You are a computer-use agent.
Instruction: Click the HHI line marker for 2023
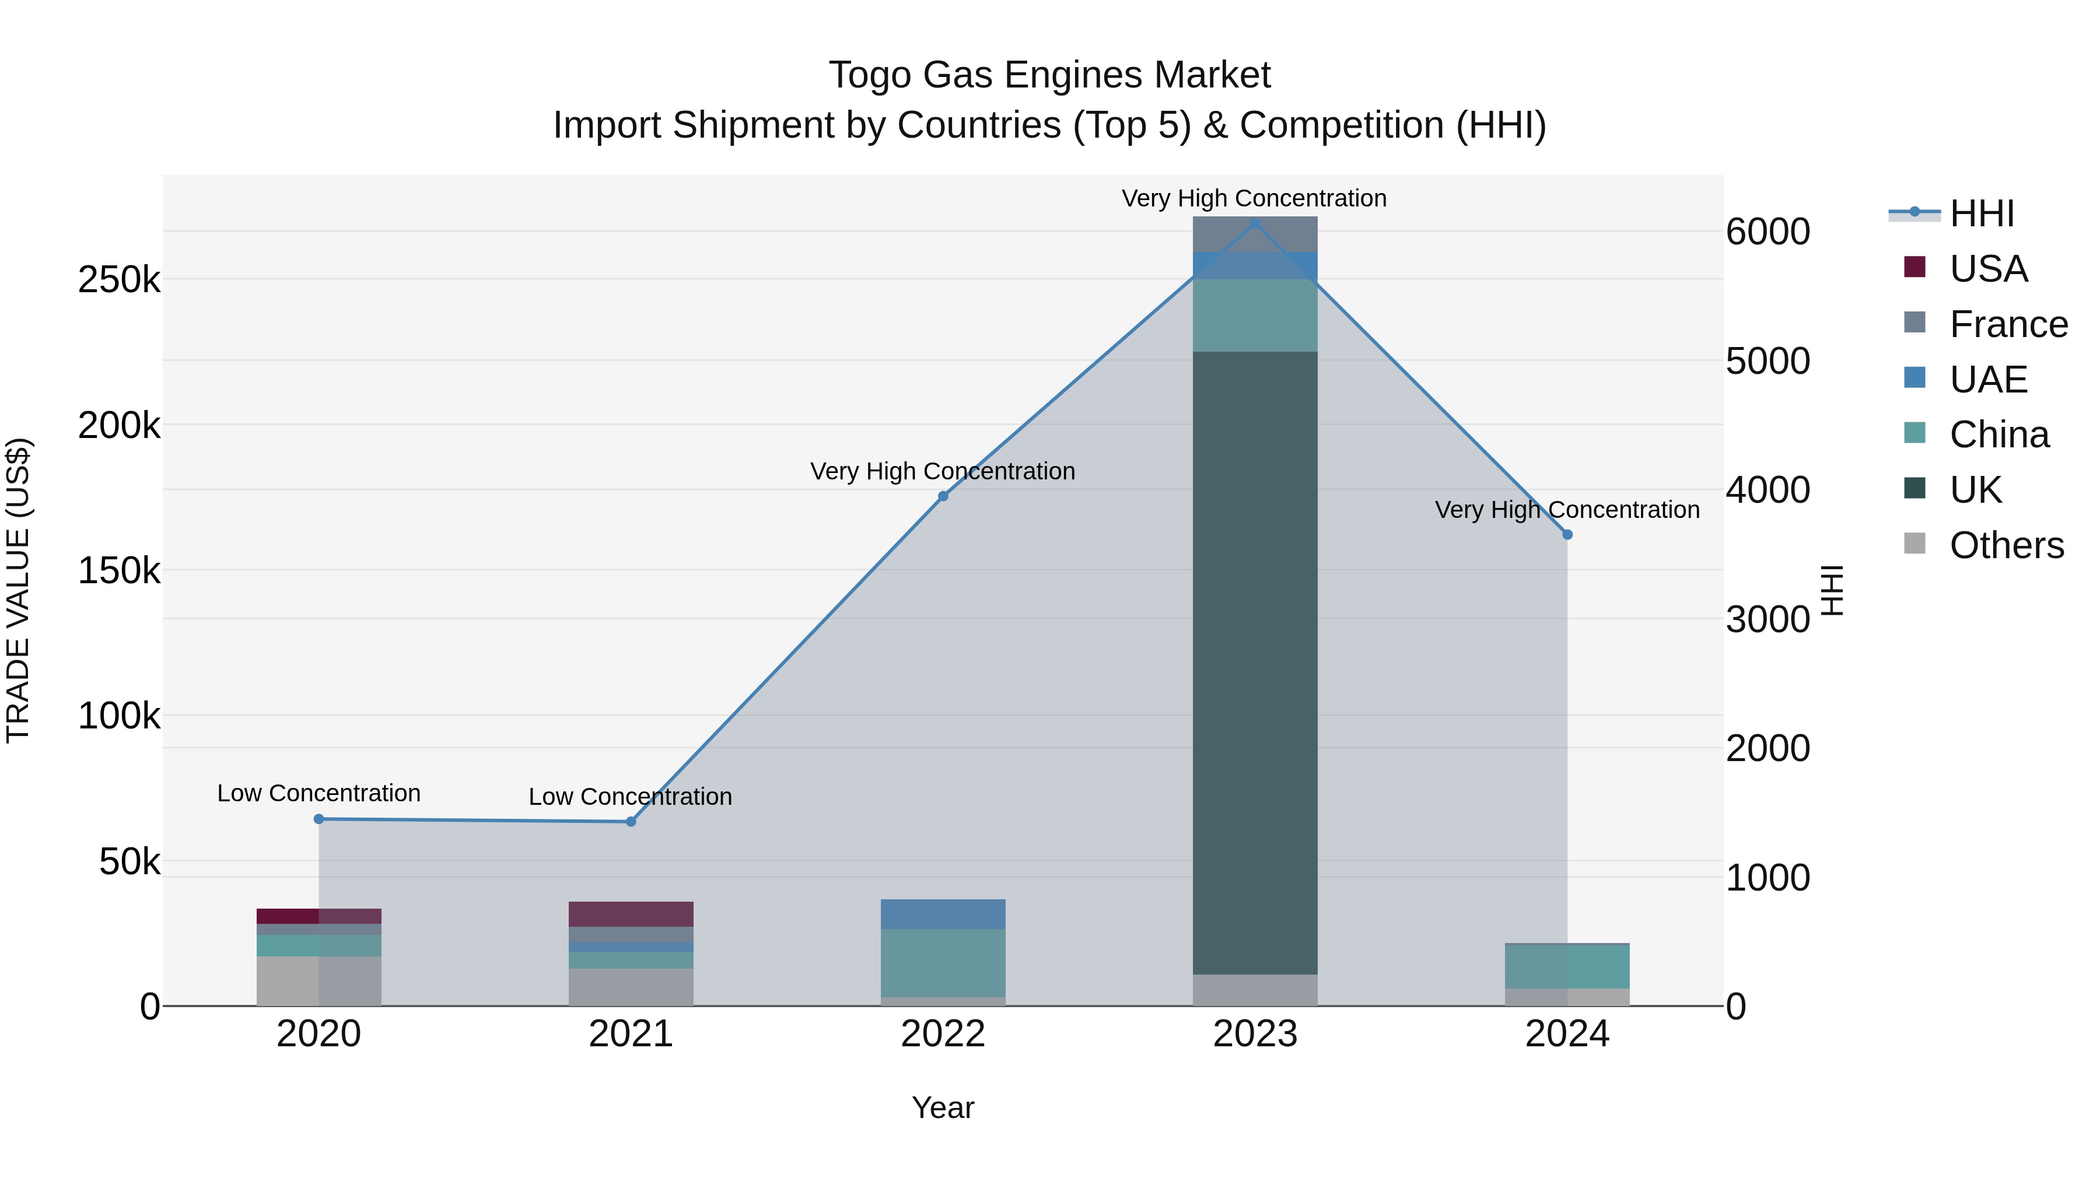click(1255, 223)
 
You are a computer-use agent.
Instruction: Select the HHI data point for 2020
click(318, 819)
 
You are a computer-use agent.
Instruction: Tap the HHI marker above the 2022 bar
click(943, 496)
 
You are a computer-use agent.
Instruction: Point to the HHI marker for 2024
click(1567, 535)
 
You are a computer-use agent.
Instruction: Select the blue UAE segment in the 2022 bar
click(943, 914)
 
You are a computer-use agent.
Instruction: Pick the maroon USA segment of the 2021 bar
click(631, 914)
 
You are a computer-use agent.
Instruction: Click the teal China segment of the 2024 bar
click(1567, 966)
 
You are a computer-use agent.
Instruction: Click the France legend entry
click(2008, 324)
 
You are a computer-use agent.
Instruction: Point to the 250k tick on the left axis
click(119, 281)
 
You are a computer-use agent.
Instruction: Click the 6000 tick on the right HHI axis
click(1767, 232)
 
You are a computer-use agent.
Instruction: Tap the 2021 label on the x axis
click(631, 1034)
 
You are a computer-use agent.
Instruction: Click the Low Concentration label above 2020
click(318, 793)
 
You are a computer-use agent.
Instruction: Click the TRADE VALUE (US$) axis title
click(18, 590)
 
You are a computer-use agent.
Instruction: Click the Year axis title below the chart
click(943, 1108)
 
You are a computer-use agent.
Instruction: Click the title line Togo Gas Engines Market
click(1049, 75)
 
